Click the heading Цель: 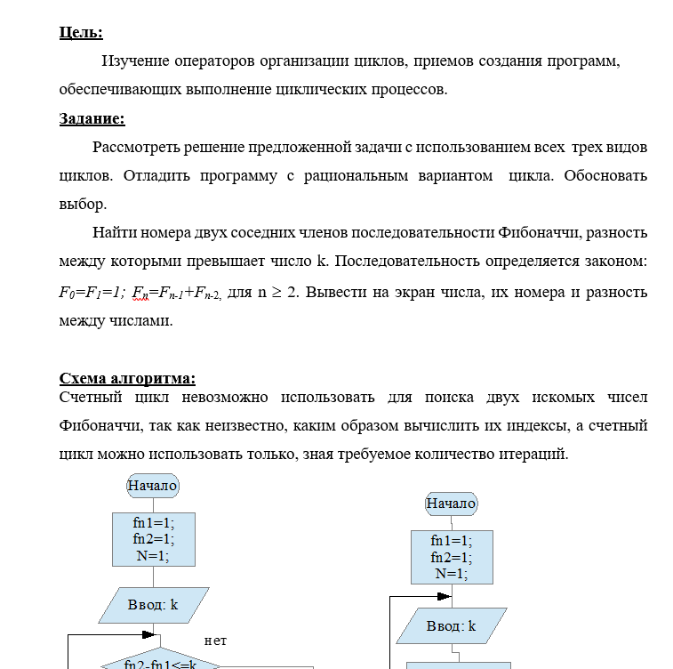coord(81,33)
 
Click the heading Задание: coord(92,118)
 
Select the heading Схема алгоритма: coord(127,378)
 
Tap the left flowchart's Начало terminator coord(153,486)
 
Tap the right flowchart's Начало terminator coord(451,504)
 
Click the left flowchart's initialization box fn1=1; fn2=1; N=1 coord(153,539)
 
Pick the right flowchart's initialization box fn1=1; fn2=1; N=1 coord(451,557)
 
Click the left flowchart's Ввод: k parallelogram coord(153,605)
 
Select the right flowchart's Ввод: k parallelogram coord(451,625)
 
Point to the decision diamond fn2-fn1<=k coord(160,663)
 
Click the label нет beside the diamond coord(215,640)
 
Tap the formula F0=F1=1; coord(92,292)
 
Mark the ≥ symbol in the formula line coord(275,292)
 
